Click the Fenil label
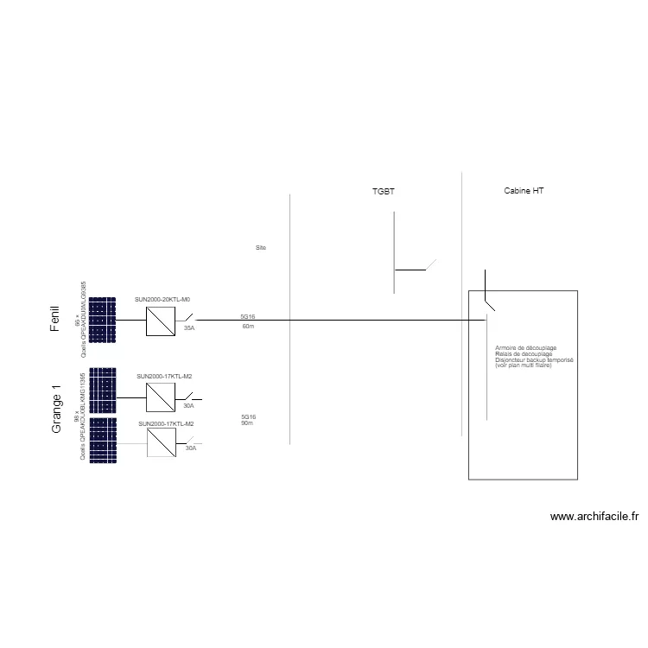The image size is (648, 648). pos(55,319)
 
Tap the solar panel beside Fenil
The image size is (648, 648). pos(102,321)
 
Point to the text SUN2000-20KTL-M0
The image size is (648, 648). pos(162,299)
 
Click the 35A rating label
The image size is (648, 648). pos(189,328)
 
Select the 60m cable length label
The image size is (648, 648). pos(248,327)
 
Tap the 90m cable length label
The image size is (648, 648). pos(247,422)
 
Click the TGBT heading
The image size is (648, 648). pos(383,191)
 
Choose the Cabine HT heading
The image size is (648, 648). pos(524,190)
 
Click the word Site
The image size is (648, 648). pos(261,248)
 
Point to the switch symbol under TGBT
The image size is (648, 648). pos(429,264)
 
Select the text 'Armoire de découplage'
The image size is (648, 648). pos(525,347)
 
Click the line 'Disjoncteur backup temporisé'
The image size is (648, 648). pos(534,359)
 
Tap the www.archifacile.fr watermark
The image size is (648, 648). pos(594,518)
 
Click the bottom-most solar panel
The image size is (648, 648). pos(102,441)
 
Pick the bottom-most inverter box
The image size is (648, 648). pos(161,443)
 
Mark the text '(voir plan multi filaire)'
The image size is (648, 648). pos(523,365)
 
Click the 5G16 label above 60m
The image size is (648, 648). pos(248,317)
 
